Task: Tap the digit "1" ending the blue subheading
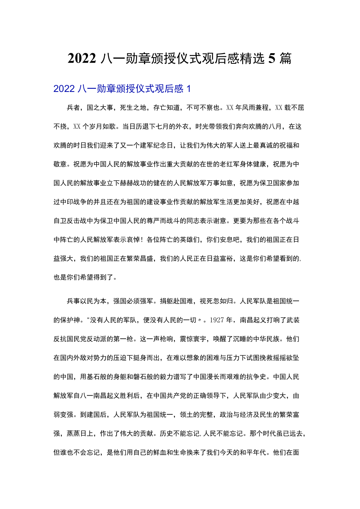[x=189, y=89]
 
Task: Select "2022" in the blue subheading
[x=64, y=89]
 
